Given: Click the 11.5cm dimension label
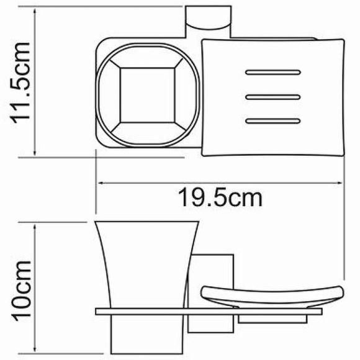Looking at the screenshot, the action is pos(19,83).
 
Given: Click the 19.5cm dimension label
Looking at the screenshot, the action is pos(220,197).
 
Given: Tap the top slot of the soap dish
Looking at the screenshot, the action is pos(272,73).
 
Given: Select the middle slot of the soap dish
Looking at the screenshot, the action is pos(272,97).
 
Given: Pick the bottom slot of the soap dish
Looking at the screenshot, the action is pos(272,121).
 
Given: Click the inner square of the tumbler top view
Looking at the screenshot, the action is pos(147,95).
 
